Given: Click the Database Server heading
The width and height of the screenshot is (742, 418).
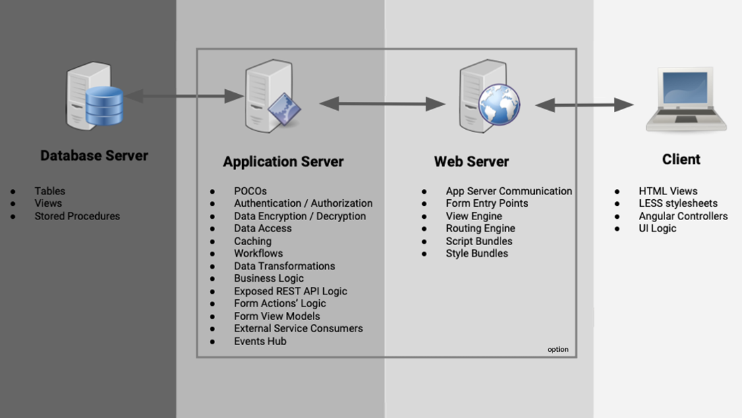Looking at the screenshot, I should pos(94,155).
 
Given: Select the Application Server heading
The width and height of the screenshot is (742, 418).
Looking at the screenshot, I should pos(283,162).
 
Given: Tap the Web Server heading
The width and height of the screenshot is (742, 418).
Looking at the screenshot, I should pos(472,162).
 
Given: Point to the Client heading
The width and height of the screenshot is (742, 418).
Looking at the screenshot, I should pos(681,159).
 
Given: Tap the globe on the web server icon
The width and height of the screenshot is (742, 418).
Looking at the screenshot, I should pos(499,105).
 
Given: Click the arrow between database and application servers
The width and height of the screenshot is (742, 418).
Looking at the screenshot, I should pos(184,97).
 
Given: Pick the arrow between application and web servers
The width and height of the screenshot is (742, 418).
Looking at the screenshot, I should pos(382,104).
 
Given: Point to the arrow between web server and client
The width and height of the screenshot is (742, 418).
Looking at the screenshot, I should pos(584,105).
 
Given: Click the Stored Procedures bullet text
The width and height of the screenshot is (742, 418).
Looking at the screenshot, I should pos(77,216).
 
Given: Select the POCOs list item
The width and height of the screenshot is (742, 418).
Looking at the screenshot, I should pos(250,191).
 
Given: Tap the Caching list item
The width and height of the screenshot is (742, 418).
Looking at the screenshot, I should pos(253,241).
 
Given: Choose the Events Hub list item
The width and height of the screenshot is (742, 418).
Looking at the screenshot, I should pos(260,341).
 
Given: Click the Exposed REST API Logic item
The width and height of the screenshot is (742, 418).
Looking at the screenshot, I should pos(291,291).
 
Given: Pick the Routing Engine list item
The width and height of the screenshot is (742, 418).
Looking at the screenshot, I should pos(480,228).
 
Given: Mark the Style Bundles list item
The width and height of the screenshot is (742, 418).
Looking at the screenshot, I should pos(477,253).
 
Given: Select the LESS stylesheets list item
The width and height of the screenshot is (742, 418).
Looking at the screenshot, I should pos(678,203).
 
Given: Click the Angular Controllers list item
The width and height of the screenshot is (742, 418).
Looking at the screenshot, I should pos(683,216).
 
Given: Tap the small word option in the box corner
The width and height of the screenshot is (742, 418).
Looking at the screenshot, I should pos(558,349).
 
